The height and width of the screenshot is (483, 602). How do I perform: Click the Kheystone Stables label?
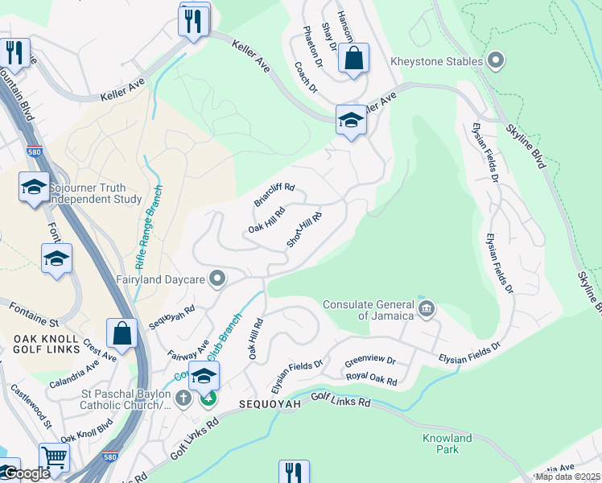pyautogui.click(x=437, y=61)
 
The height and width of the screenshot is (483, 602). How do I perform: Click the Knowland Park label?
pyautogui.click(x=447, y=444)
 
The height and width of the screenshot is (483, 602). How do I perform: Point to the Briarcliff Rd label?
pyautogui.click(x=274, y=196)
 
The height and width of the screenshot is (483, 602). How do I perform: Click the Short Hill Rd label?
pyautogui.click(x=305, y=230)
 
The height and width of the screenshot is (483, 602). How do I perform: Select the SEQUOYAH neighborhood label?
pyautogui.click(x=267, y=402)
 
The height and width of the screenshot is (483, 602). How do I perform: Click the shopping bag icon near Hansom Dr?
pyautogui.click(x=353, y=58)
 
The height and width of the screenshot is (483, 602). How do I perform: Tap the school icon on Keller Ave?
pyautogui.click(x=351, y=120)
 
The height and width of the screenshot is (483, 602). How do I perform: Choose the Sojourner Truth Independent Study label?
pyautogui.click(x=95, y=193)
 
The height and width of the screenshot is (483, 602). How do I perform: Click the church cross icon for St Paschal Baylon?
pyautogui.click(x=183, y=398)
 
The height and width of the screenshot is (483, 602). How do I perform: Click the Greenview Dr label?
pyautogui.click(x=370, y=361)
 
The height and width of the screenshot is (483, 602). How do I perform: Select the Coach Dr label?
pyautogui.click(x=308, y=78)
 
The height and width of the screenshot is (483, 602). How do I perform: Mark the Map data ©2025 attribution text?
pyautogui.click(x=567, y=477)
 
